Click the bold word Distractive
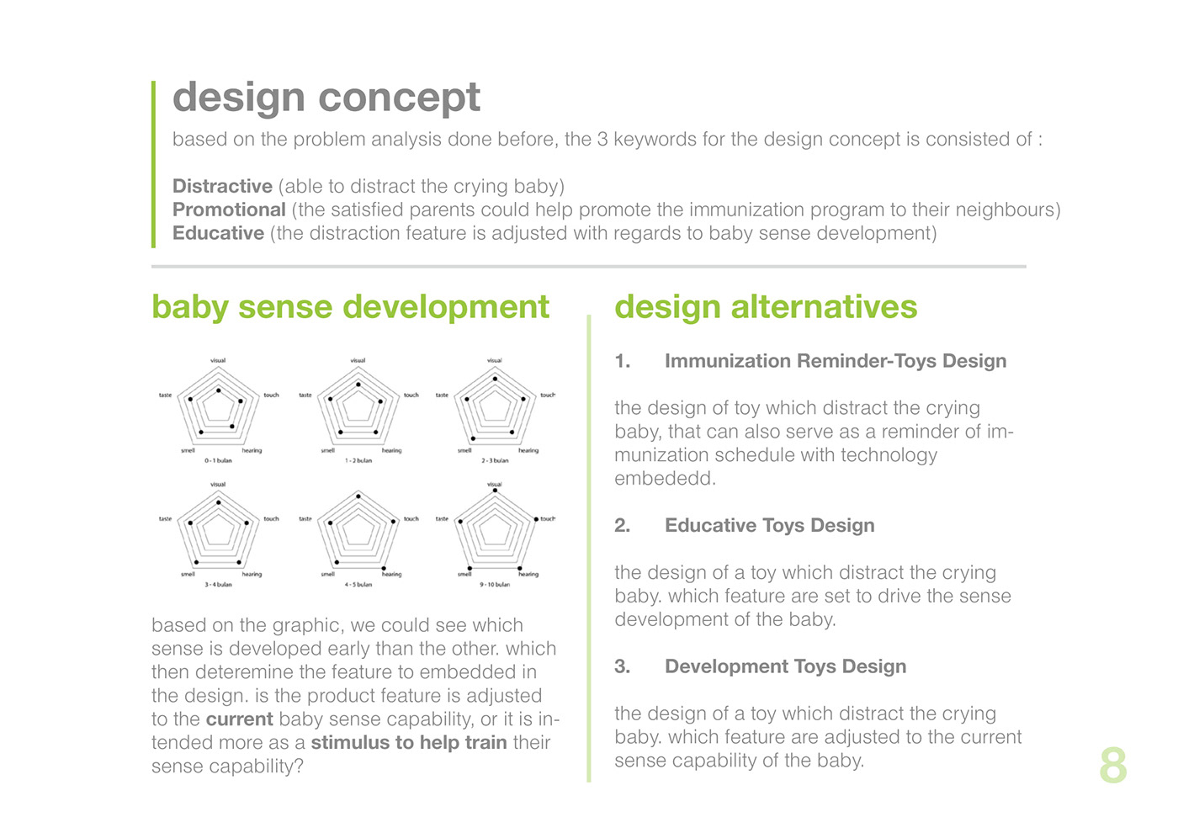222,186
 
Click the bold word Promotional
229,210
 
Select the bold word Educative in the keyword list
218,233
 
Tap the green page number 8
1112,767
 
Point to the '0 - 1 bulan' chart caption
218,461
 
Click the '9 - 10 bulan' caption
495,585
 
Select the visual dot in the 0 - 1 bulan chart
219,390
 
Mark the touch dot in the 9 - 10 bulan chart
536,519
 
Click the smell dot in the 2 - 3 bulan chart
473,438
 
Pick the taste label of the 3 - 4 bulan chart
165,519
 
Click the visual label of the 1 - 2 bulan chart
358,360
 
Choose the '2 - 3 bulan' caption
495,461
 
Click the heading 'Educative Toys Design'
769,526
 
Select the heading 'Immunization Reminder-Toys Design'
835,361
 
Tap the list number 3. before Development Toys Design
622,667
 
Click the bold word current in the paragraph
239,719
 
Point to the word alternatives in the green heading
824,308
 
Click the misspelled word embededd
665,479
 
